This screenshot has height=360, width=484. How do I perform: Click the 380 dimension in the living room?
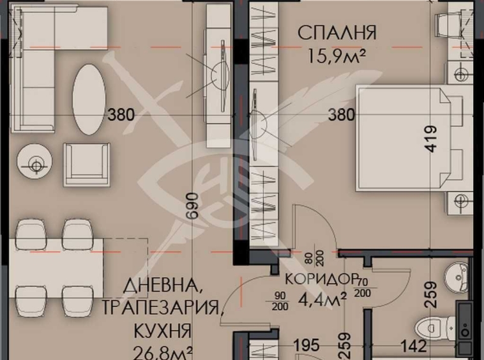[x=121, y=116]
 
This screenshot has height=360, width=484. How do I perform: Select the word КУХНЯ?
[x=162, y=330]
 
